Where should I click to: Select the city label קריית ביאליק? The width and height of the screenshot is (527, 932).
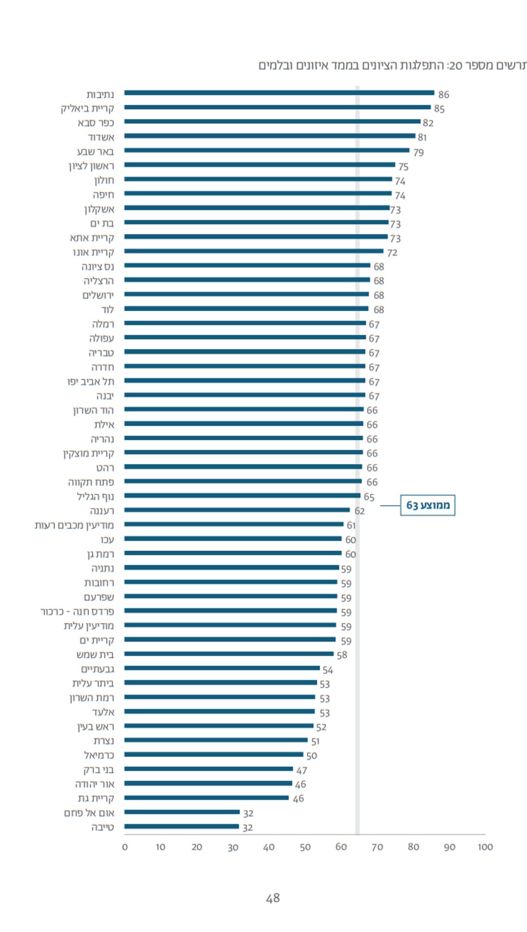click(88, 109)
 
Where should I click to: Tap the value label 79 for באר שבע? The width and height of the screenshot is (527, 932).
click(418, 153)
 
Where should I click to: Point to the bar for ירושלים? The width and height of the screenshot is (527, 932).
click(246, 294)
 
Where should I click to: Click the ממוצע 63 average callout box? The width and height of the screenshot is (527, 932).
click(428, 505)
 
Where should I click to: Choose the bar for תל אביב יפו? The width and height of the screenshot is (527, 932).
click(244, 381)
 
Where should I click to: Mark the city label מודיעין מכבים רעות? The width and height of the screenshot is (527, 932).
click(74, 525)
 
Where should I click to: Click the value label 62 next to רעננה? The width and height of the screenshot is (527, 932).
click(360, 511)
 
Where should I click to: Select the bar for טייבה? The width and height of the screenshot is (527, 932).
click(182, 827)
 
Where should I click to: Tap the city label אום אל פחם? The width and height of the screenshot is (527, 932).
click(89, 813)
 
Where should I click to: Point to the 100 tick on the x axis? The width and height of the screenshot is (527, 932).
click(485, 847)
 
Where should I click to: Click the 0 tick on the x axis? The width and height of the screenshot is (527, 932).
click(125, 847)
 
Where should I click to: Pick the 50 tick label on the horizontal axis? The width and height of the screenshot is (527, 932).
click(305, 847)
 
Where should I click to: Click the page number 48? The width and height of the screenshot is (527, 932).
click(273, 898)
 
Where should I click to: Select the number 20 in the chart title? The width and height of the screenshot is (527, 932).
click(456, 65)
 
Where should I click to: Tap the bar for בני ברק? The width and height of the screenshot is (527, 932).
click(208, 769)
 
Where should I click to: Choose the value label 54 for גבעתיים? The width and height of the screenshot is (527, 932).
click(328, 670)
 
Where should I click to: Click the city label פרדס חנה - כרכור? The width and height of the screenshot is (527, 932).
click(77, 611)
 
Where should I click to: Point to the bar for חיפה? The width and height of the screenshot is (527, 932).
click(258, 194)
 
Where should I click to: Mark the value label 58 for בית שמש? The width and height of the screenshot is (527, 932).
click(342, 655)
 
